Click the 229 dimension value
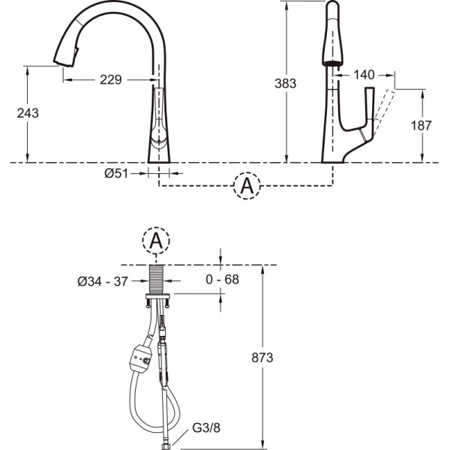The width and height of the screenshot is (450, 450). pyautogui.click(x=111, y=79)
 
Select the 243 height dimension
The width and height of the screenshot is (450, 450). pyautogui.click(x=28, y=113)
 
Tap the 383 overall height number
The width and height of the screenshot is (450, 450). pyautogui.click(x=285, y=83)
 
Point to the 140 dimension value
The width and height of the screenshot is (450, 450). pyautogui.click(x=364, y=75)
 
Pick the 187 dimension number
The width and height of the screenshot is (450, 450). pyautogui.click(x=421, y=125)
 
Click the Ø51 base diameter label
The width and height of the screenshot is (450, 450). pyautogui.click(x=116, y=173)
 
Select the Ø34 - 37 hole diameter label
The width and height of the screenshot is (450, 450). pyautogui.click(x=103, y=281)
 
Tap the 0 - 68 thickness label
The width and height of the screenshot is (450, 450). pyautogui.click(x=223, y=279)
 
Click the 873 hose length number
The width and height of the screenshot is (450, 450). pyautogui.click(x=262, y=358)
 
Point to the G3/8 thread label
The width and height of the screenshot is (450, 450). pyautogui.click(x=206, y=428)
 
